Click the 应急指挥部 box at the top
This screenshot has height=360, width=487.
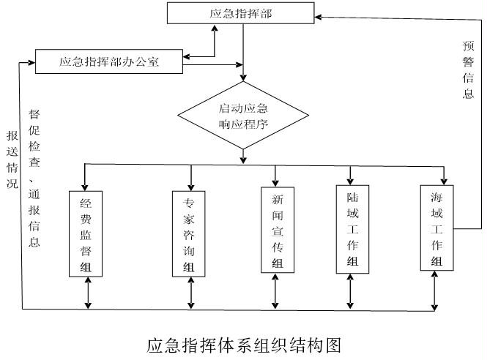click(x=241, y=12)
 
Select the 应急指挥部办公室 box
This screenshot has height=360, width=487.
click(x=109, y=62)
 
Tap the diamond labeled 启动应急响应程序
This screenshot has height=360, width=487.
click(x=243, y=116)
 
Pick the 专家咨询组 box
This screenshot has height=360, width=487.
click(x=189, y=233)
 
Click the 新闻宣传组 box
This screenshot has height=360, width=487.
click(x=276, y=230)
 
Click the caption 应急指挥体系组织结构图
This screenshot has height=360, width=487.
click(x=244, y=344)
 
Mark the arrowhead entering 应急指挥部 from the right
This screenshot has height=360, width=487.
click(x=320, y=14)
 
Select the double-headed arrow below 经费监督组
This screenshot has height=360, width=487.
click(x=88, y=293)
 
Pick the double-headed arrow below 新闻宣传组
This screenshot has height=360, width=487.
click(x=276, y=293)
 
